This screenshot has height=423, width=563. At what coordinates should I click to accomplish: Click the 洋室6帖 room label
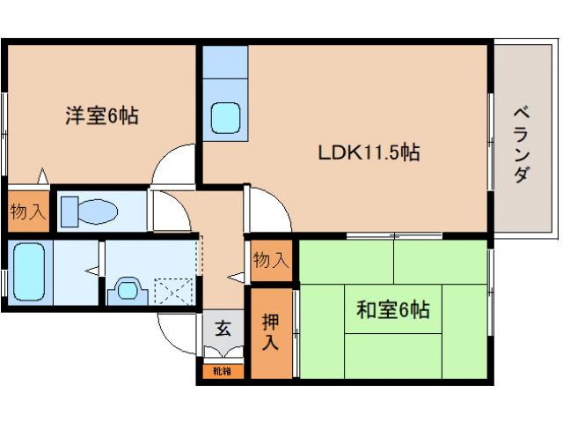[101, 115]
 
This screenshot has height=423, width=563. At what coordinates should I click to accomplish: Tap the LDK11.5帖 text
[369, 152]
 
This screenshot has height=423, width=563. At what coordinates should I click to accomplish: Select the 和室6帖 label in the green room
[392, 309]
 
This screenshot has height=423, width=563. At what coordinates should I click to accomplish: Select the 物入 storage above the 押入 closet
[270, 260]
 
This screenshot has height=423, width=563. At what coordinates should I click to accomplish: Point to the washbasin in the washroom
[127, 288]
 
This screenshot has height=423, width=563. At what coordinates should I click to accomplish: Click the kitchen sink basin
[227, 116]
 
